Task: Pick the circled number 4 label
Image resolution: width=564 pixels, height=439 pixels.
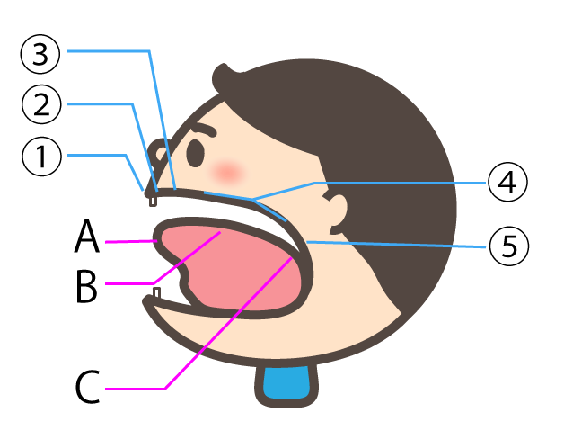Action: coord(507,184)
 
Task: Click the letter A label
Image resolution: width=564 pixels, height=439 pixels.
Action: coord(87,240)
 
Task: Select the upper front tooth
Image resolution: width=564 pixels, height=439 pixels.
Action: coord(153,201)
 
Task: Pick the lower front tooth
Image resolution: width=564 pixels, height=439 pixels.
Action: coord(156,295)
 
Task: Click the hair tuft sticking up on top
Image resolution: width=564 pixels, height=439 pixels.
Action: coord(229,74)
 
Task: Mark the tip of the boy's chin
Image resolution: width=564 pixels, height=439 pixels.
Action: coord(152,309)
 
